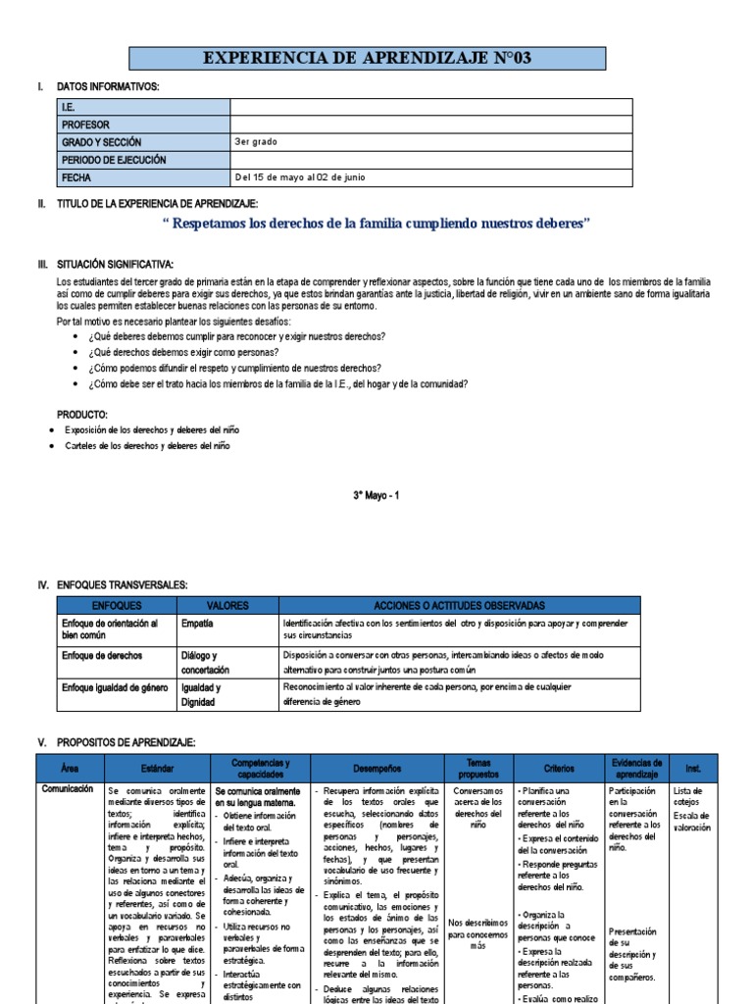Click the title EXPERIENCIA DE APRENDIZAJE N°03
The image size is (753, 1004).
click(367, 59)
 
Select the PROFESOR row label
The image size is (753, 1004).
click(85, 125)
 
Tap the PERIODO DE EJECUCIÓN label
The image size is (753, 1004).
click(114, 160)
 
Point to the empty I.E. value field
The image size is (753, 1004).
click(430, 107)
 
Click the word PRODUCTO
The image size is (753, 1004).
click(82, 415)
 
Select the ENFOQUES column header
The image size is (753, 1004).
click(117, 606)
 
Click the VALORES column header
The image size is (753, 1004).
click(227, 606)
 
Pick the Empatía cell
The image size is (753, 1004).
click(197, 623)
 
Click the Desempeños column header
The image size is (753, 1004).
click(376, 769)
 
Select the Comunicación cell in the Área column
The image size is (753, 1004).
click(68, 788)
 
